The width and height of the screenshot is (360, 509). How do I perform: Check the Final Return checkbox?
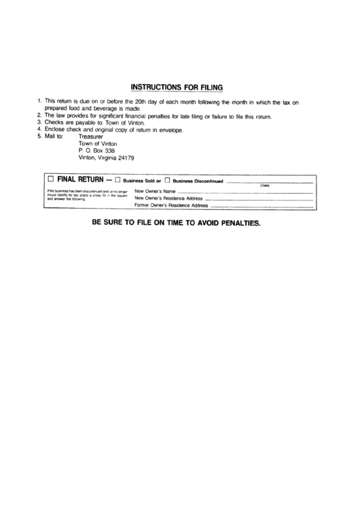(50, 179)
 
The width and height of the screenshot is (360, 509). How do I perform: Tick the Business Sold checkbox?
(118, 180)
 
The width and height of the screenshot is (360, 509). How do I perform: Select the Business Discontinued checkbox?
(166, 180)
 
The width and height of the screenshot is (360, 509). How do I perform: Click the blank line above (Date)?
(269, 182)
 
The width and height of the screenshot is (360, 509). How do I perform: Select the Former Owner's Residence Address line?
(262, 205)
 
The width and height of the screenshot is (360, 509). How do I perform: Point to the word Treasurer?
(92, 136)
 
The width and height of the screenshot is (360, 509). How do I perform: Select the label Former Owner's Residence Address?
(171, 205)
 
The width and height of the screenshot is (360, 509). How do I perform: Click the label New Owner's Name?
(156, 192)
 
